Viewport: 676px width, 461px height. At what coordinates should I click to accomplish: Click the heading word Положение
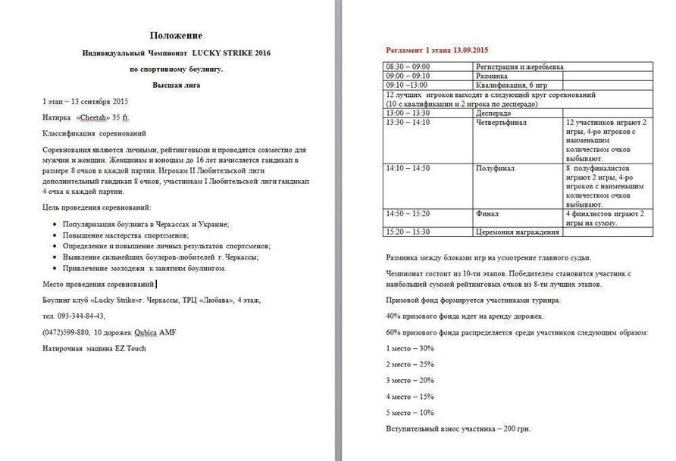coord(176,36)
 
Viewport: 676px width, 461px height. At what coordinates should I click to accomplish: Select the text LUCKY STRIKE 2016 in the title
coord(231,53)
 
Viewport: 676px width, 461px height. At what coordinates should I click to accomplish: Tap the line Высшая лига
coord(175,85)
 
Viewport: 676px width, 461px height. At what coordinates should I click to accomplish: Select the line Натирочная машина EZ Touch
coord(94,348)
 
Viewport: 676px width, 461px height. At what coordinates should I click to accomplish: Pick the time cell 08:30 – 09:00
coord(408,67)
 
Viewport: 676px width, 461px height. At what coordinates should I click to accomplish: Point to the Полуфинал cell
coord(495,168)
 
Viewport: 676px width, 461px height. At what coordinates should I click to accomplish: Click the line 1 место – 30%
coord(410,348)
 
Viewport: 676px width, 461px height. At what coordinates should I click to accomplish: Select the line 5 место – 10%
coord(410,413)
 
